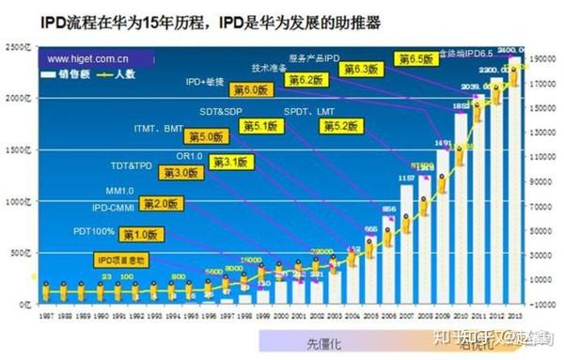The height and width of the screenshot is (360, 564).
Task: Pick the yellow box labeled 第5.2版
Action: [339, 126]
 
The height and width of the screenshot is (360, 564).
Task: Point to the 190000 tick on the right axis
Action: [542, 58]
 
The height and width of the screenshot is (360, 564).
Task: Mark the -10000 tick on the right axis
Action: [542, 305]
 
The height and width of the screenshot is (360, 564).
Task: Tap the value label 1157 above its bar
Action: [406, 177]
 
